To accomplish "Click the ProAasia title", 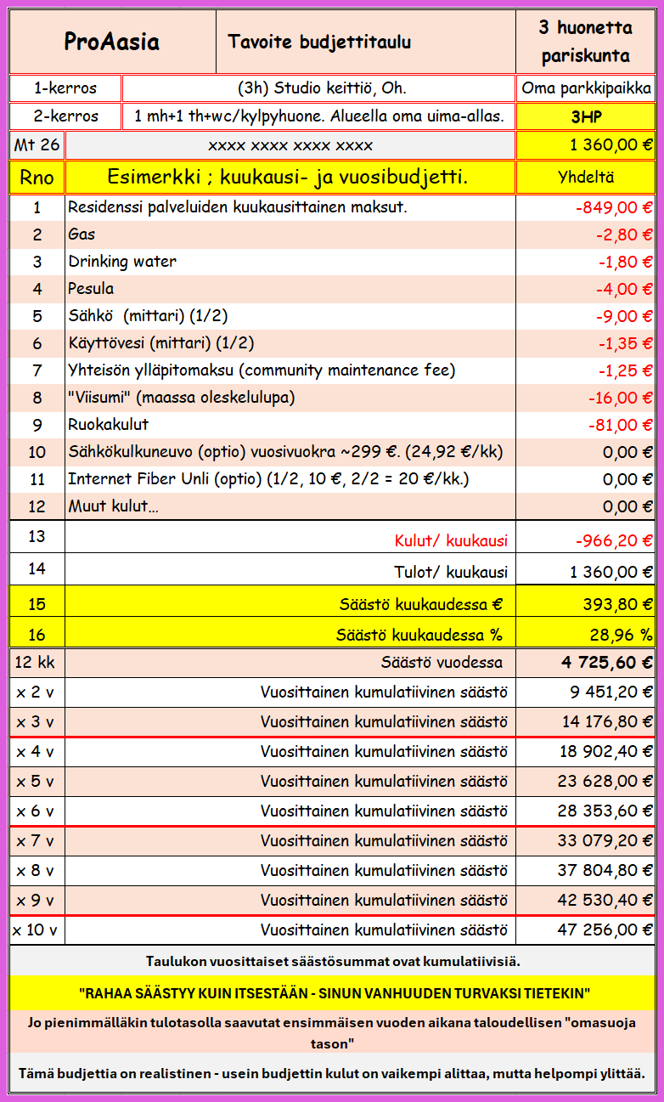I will [x=112, y=42].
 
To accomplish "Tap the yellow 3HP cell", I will [x=585, y=116].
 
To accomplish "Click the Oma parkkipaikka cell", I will [x=586, y=88].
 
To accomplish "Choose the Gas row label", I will [x=82, y=235].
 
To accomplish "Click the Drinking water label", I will [x=122, y=262].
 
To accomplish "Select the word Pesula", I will [x=91, y=289].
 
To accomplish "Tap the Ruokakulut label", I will [x=108, y=425].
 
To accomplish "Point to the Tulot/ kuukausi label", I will [x=451, y=572].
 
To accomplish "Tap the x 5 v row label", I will [x=35, y=782].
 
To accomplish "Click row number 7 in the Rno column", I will [x=37, y=370].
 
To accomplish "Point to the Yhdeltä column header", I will [x=586, y=178].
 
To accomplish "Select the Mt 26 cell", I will [x=37, y=145].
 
